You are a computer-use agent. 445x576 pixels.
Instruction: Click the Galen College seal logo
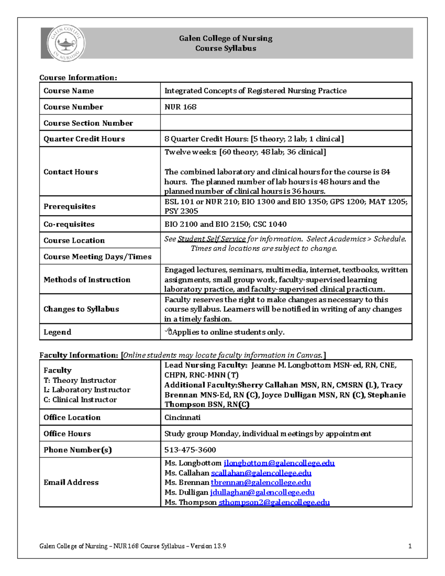coord(66,43)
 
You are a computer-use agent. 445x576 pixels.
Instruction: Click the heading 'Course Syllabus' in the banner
coord(225,48)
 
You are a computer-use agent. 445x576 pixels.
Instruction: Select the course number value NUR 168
coord(180,107)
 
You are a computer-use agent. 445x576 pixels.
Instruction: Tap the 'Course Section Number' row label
coord(88,123)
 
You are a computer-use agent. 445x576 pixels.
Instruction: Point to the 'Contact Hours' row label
coord(71,172)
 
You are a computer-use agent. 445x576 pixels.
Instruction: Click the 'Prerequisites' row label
coord(69,206)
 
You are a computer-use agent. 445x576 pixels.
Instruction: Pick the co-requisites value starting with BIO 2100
coord(225,224)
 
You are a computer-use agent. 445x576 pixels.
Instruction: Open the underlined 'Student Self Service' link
coord(211,239)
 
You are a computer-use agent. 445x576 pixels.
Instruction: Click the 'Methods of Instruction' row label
coord(87,280)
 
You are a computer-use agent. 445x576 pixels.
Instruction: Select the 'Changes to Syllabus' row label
coord(81,309)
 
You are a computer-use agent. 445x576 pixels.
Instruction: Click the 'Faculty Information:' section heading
coord(79,355)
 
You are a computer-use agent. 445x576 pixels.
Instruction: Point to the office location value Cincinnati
coord(182,417)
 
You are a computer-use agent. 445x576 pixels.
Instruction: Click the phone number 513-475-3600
coord(190,450)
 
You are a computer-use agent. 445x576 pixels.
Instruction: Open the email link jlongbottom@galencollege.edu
coord(279,463)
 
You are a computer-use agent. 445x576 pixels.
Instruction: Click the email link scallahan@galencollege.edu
coord(261,473)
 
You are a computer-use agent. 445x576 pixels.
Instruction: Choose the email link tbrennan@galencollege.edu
coord(261,483)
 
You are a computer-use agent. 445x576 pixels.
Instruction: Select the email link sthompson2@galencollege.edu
coord(274,502)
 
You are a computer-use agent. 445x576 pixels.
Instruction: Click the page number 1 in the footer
coord(410,546)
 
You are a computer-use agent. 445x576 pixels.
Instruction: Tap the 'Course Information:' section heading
coord(78,78)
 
